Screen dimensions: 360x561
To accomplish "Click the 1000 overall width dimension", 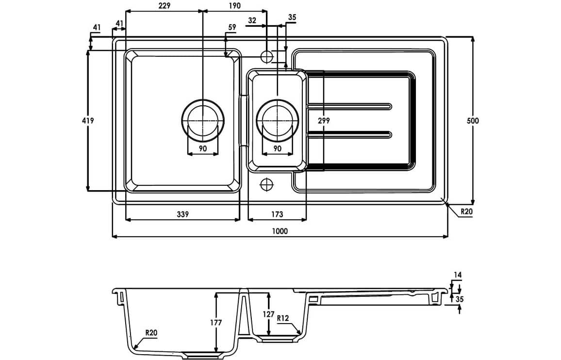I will tap(280, 231).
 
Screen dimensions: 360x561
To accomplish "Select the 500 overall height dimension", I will tap(473, 121).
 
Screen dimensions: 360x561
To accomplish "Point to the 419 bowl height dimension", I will tap(88, 120).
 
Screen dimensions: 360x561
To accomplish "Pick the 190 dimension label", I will tap(234, 6).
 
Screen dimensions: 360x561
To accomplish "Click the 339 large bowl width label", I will tap(182, 214).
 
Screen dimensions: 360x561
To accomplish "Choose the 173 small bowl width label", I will tap(277, 214).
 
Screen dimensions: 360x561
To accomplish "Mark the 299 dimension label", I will tap(323, 120).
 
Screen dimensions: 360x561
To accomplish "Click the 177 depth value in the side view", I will tap(203, 322).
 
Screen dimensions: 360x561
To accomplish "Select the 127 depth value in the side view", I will tap(268, 314).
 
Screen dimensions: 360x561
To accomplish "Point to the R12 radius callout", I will tap(283, 318).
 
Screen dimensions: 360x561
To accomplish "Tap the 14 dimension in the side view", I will tap(457, 275).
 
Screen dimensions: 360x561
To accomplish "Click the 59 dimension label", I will tap(231, 28).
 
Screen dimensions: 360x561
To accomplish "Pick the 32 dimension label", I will tap(252, 20).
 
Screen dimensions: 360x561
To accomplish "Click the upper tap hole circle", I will tap(267, 56).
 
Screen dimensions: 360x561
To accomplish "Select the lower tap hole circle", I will tap(267, 184).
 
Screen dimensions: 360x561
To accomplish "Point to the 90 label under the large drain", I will tap(203, 148).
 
